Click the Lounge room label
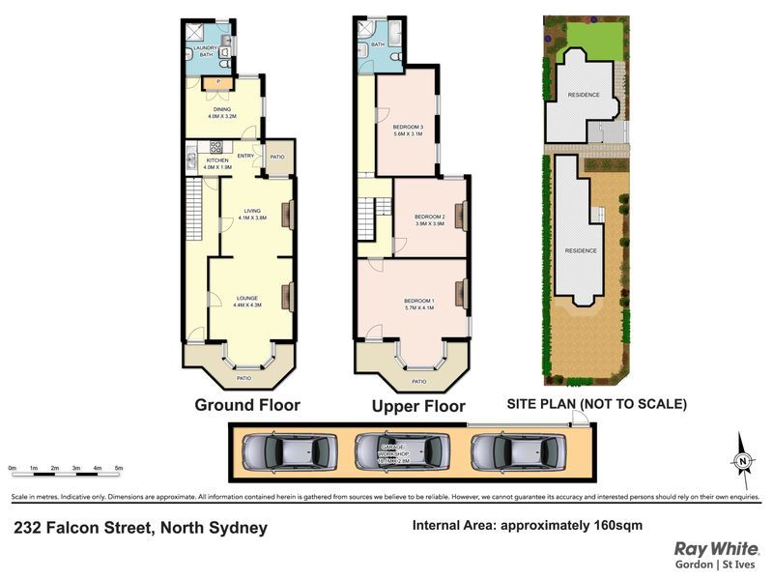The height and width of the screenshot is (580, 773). point(247,301)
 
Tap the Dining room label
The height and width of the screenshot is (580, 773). point(222,112)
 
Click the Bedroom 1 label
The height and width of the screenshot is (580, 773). point(417,304)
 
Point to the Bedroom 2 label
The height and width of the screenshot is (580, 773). point(429,219)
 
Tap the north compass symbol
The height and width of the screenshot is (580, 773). point(741,460)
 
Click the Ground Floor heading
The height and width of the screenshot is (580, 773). point(246,405)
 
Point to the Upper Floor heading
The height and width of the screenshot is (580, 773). point(418,407)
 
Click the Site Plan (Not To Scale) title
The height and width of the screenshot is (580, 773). point(596,405)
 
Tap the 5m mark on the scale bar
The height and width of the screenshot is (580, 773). point(119,468)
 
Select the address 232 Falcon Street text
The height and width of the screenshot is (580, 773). point(140,528)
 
